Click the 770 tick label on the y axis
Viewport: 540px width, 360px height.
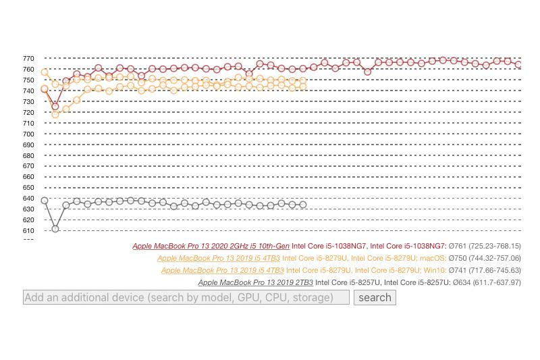pos(28,59)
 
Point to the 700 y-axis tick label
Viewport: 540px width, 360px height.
pos(28,134)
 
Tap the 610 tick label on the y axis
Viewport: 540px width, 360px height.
pos(28,230)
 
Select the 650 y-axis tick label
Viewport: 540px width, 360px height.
pos(28,188)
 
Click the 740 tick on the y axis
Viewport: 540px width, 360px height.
pos(28,91)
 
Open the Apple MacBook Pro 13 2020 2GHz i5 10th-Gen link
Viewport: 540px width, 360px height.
pos(211,247)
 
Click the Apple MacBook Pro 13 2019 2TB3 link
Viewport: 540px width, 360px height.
pos(255,282)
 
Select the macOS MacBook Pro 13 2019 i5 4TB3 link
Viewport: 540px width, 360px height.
pos(218,258)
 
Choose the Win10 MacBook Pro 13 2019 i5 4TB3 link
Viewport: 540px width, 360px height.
pos(222,270)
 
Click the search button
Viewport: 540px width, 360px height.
pos(375,297)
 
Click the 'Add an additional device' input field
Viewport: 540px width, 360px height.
pos(186,297)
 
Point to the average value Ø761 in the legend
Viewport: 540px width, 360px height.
pos(458,247)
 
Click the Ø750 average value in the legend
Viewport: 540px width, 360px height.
pos(458,258)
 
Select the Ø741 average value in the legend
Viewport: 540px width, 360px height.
pos(458,270)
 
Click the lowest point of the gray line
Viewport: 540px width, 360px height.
pos(55,229)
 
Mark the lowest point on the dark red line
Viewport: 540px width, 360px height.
pos(55,107)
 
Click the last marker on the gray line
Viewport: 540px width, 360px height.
pos(303,205)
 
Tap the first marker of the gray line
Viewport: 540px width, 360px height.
pos(45,201)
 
